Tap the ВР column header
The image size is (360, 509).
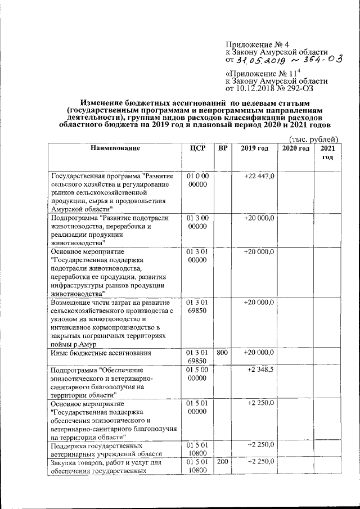(x=223, y=148)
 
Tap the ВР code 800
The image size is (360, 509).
(x=223, y=353)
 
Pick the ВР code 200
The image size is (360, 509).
(x=223, y=462)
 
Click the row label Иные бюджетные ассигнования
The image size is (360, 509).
(x=101, y=353)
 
